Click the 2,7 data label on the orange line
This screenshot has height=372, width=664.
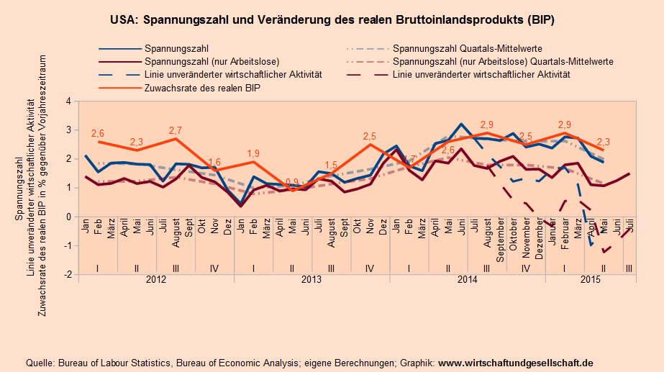(176, 130)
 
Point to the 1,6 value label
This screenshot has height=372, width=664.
(214, 162)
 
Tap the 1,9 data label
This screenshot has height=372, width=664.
(253, 153)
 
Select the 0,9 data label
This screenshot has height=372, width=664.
(292, 182)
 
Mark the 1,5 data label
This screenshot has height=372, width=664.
(331, 165)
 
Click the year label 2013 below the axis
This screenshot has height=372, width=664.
(311, 279)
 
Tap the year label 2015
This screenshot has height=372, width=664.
(590, 279)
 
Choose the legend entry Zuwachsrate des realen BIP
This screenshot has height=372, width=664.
(202, 88)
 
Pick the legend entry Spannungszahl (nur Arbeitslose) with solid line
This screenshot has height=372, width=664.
(212, 61)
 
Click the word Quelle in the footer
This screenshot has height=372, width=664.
(39, 362)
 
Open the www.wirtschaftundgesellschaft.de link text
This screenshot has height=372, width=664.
(516, 362)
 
